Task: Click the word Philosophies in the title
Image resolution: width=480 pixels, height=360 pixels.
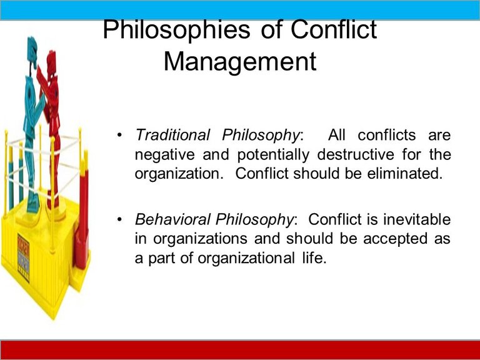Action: coord(176,31)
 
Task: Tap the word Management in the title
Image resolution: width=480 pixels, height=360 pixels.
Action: coord(240,62)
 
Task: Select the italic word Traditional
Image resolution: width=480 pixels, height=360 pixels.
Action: coord(172,135)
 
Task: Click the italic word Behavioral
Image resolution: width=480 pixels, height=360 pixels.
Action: coord(172,219)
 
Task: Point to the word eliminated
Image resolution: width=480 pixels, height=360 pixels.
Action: coord(405,173)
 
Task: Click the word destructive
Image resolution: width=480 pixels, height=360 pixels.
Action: coord(356,154)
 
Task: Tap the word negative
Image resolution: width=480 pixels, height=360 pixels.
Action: coord(165,155)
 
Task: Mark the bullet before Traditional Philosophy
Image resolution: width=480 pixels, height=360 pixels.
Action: coord(119,135)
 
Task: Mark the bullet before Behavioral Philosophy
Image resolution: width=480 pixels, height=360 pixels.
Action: coord(119,219)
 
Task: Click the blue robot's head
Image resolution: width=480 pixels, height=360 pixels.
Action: coord(32,49)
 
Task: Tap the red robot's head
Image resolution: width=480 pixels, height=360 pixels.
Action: coord(51,61)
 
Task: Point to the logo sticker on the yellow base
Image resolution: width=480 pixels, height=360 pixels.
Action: coord(24,257)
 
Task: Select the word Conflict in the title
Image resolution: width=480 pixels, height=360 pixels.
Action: coord(334,30)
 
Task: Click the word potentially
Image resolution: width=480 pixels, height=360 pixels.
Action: coord(273,155)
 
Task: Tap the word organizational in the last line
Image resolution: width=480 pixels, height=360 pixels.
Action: coord(246,258)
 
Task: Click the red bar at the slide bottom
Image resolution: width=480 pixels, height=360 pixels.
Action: coord(240,350)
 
